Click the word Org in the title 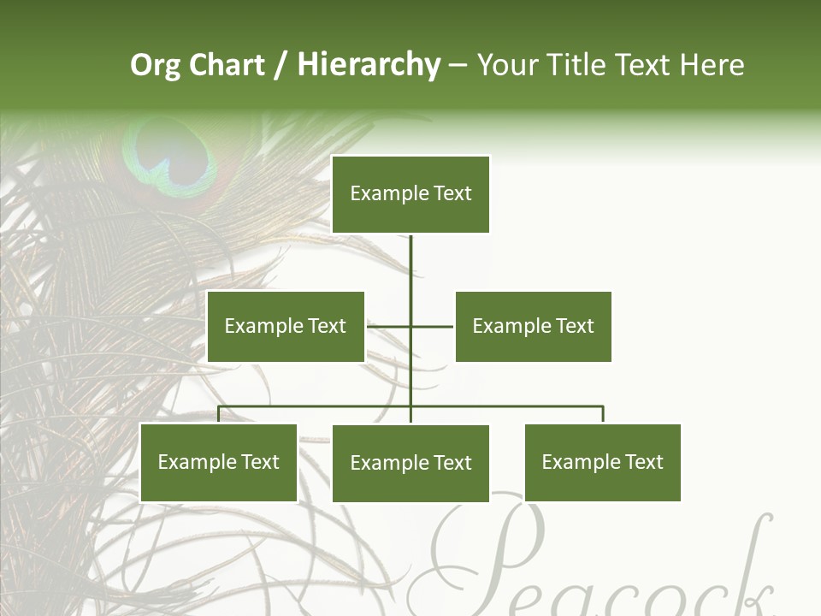[155, 65]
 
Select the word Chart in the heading [227, 65]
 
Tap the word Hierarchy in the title [369, 65]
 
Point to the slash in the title [281, 65]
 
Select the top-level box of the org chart [410, 194]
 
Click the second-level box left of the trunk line [286, 326]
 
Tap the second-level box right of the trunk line [533, 326]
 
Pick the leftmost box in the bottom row [219, 463]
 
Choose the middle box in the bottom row [410, 463]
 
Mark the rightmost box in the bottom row [602, 463]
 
